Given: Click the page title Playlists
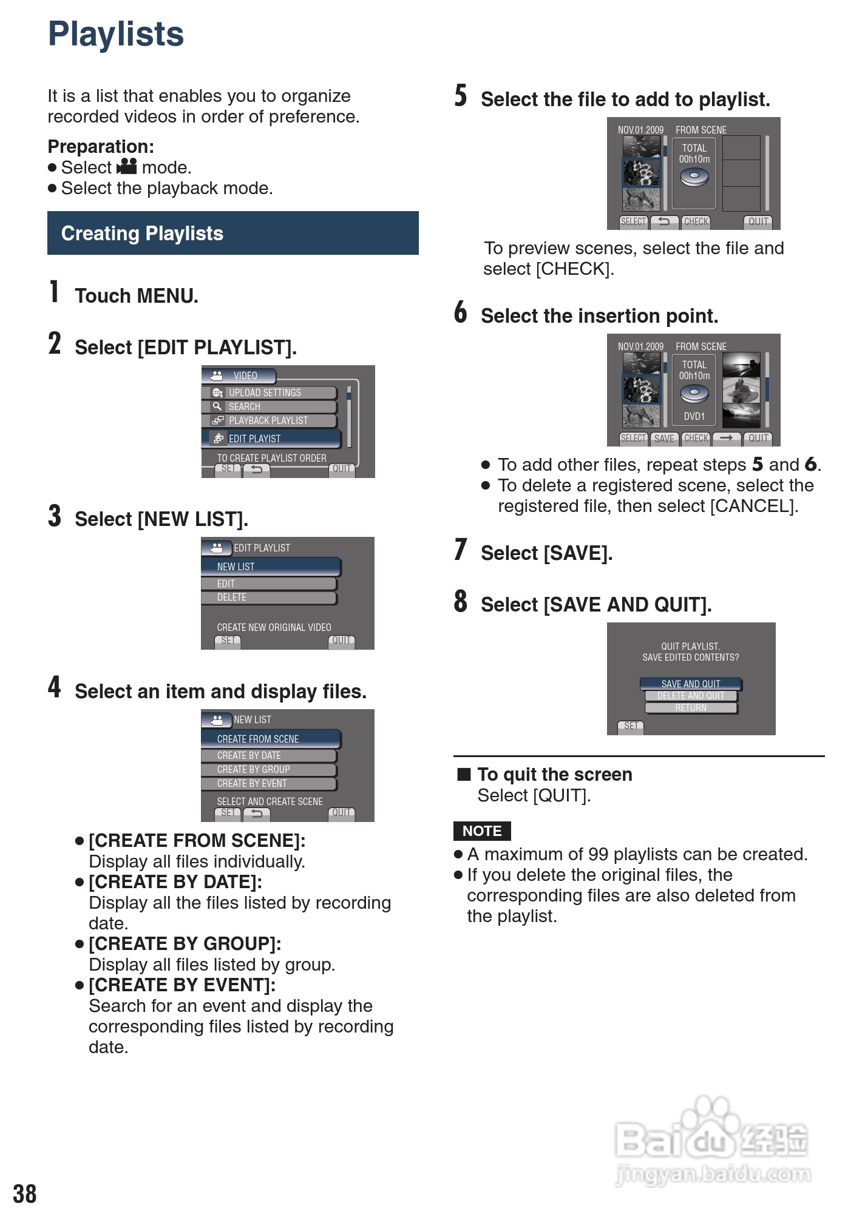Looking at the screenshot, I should [x=115, y=34].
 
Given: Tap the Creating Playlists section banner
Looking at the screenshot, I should [x=232, y=233].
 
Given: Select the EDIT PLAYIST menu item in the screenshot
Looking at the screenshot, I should [x=271, y=438].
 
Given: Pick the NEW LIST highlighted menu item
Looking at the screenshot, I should [x=271, y=567].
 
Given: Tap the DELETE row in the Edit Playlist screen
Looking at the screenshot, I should [x=269, y=598].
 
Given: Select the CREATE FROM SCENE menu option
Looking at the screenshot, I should [x=271, y=739].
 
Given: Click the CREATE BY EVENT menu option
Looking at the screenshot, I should [x=269, y=783].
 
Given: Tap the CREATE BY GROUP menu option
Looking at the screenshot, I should [x=269, y=769].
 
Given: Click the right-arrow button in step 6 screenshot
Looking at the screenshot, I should [x=727, y=438].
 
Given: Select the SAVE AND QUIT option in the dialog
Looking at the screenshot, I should [x=691, y=684].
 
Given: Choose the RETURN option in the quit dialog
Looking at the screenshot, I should [x=691, y=708].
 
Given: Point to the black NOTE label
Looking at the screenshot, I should [x=482, y=830].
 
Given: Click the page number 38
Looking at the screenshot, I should [x=25, y=1194].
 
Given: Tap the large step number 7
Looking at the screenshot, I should [x=461, y=550].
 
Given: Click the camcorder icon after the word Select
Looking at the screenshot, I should [x=127, y=166].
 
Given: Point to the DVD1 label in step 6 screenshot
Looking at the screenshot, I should [x=694, y=416].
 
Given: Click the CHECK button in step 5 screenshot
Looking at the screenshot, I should [x=696, y=221].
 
